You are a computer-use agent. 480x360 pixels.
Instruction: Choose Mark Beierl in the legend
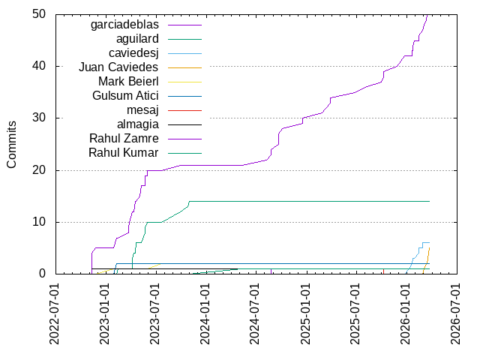pos(128,82)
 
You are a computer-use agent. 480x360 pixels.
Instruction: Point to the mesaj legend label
pos(142,110)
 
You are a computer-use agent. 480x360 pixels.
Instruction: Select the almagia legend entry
pos(137,124)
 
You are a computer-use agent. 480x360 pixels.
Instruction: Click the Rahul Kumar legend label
pos(124,153)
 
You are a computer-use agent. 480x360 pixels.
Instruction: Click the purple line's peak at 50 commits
pos(427,15)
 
